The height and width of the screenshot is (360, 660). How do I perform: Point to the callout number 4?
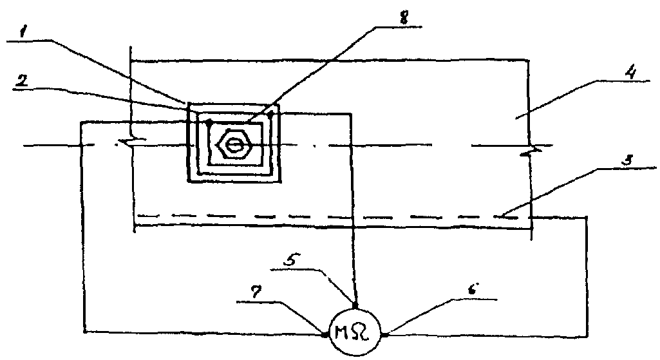tap(632, 72)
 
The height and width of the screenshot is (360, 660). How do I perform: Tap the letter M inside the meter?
tap(346, 334)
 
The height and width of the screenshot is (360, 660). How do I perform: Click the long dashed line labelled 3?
tap(322, 215)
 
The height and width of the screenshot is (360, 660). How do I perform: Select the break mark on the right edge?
tap(532, 151)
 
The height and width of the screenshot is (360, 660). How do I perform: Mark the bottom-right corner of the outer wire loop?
tap(587, 335)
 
